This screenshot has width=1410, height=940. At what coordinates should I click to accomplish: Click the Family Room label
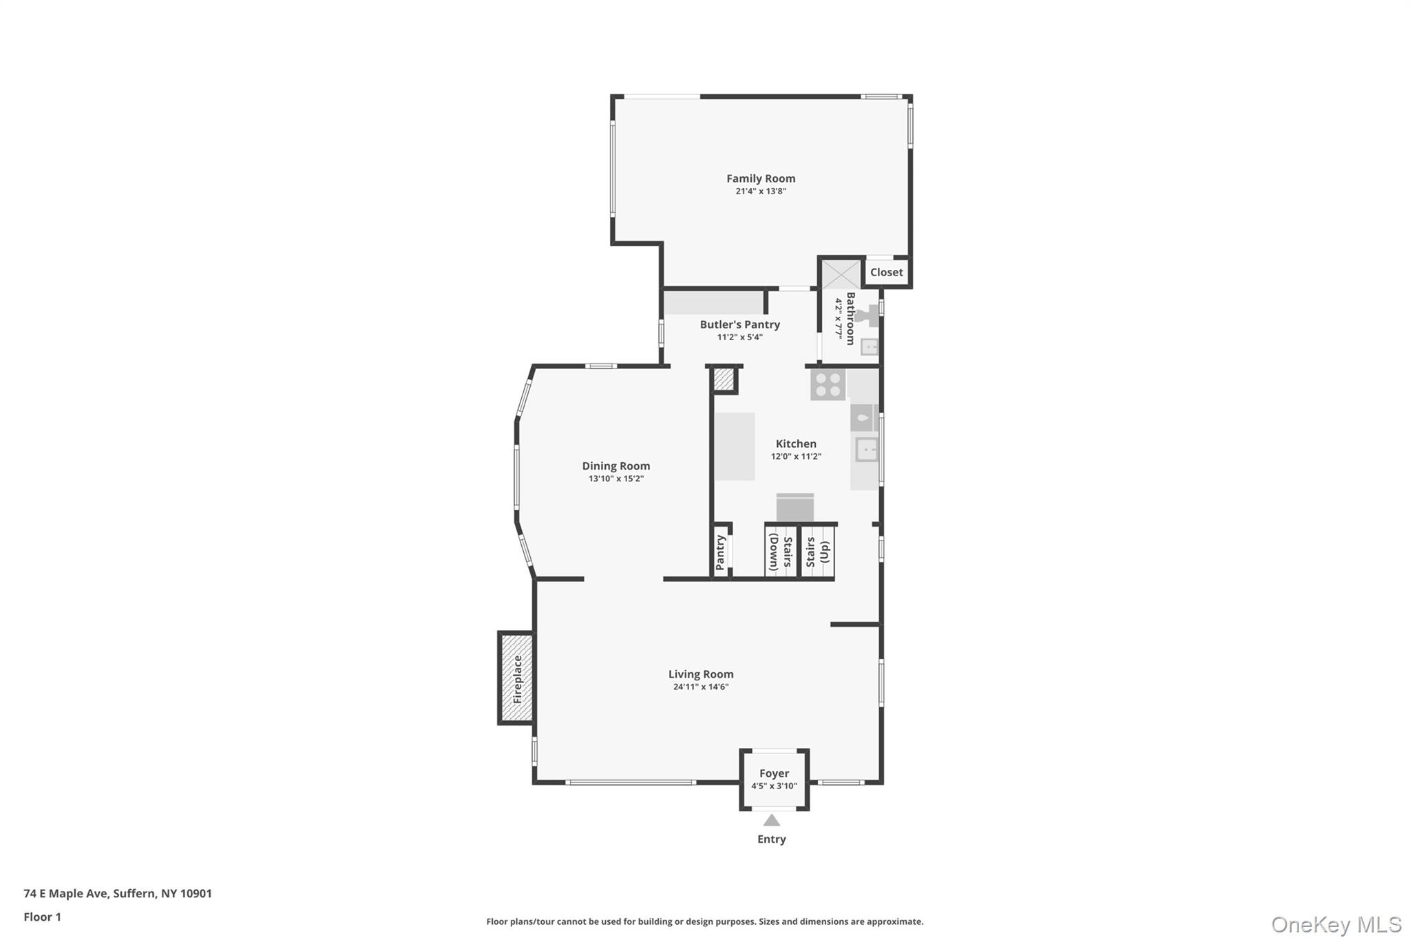[x=761, y=178]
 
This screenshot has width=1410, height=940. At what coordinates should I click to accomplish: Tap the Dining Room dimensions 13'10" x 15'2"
[x=615, y=479]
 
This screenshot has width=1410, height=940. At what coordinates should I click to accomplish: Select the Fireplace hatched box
[x=517, y=678]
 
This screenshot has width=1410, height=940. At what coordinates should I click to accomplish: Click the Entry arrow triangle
[x=772, y=820]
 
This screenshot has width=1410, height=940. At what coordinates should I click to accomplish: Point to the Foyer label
[x=774, y=773]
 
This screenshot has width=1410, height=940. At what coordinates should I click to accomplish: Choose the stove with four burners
[x=828, y=384]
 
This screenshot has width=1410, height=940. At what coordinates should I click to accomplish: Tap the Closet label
[x=886, y=272]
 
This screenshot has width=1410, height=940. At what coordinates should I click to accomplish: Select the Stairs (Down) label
[x=781, y=552]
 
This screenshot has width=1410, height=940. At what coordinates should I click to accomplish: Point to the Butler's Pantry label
[x=739, y=324]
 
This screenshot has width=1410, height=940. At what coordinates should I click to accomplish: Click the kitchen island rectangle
[x=735, y=446]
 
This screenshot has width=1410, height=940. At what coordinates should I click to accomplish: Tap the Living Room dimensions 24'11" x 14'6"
[x=701, y=687]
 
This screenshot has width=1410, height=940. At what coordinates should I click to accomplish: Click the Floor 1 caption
[x=42, y=917]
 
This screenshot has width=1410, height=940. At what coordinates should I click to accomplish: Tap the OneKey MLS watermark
[x=1336, y=924]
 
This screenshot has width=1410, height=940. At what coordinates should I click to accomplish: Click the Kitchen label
[x=796, y=443]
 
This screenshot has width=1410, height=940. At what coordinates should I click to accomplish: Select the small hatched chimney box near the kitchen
[x=724, y=379]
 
